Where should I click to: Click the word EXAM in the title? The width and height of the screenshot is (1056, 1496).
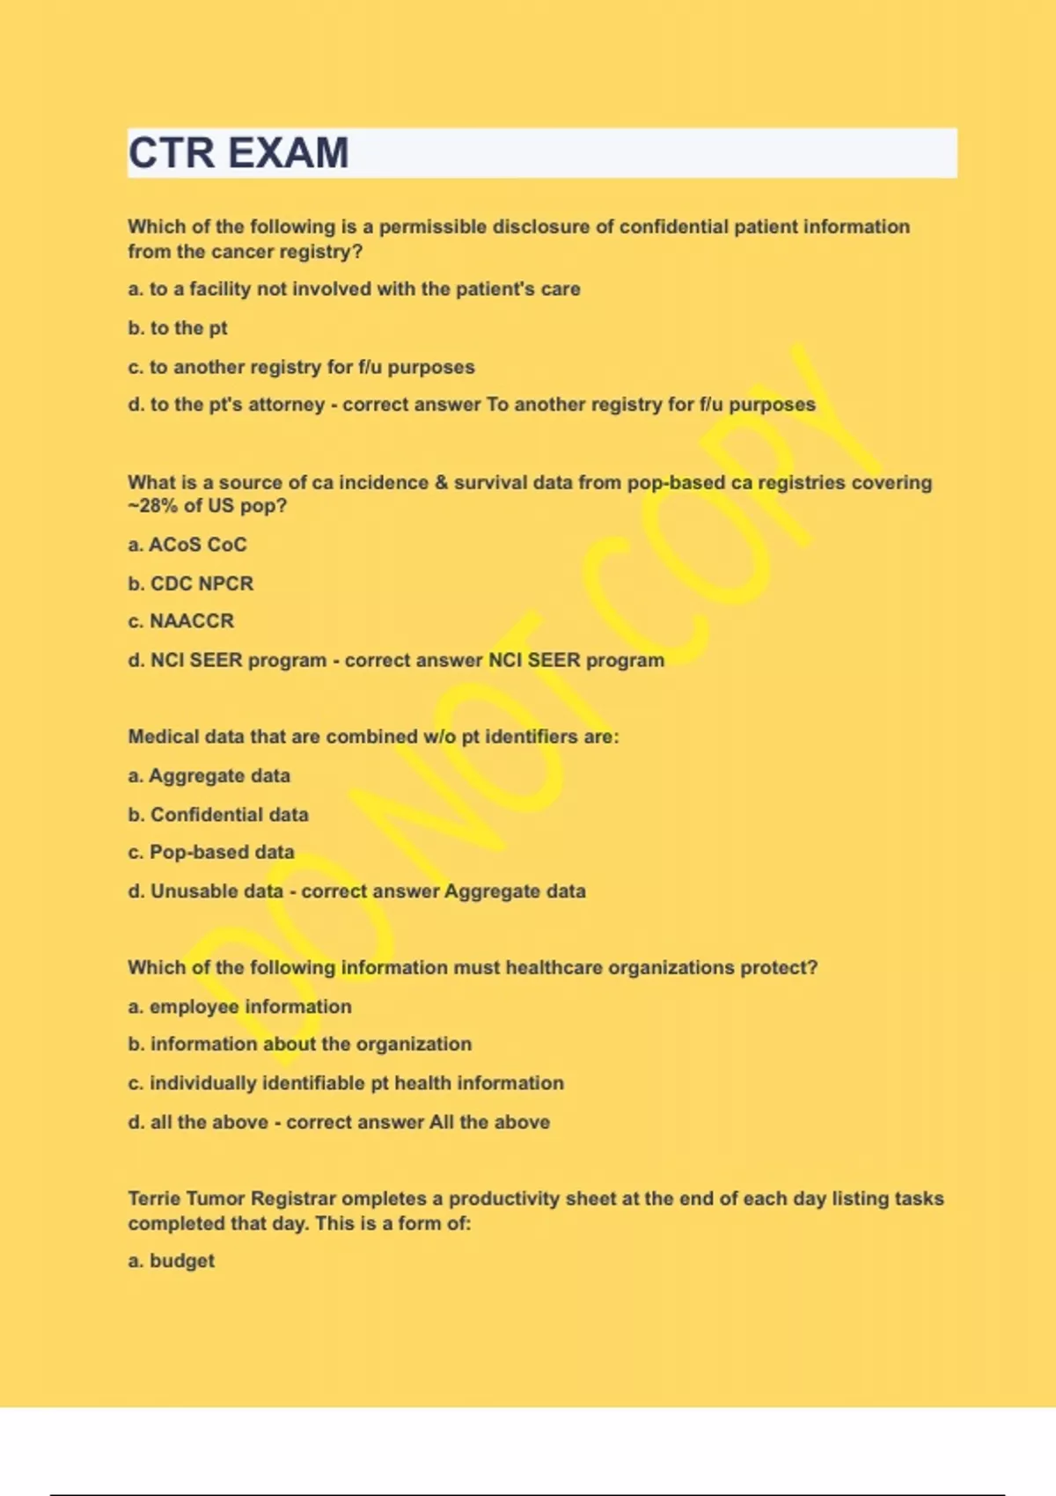[x=289, y=153]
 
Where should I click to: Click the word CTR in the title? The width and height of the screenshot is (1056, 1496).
[x=172, y=153]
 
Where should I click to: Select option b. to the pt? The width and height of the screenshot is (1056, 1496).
[x=178, y=328]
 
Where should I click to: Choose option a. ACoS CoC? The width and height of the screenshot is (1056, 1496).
[x=187, y=545]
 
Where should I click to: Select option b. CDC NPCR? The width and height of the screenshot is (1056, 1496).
[x=191, y=583]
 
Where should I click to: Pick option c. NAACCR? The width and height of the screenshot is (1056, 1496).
[x=181, y=621]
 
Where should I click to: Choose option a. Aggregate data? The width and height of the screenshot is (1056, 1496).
[x=209, y=776]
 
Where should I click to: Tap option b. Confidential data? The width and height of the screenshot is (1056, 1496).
[x=218, y=815]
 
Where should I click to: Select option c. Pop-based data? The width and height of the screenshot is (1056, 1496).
[x=211, y=853]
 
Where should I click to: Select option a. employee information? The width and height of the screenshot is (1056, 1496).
[x=239, y=1007]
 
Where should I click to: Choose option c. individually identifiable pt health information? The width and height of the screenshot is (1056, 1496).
[x=346, y=1083]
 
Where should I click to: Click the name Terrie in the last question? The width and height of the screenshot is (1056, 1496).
[x=154, y=1199]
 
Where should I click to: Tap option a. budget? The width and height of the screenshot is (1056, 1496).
[x=172, y=1261]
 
